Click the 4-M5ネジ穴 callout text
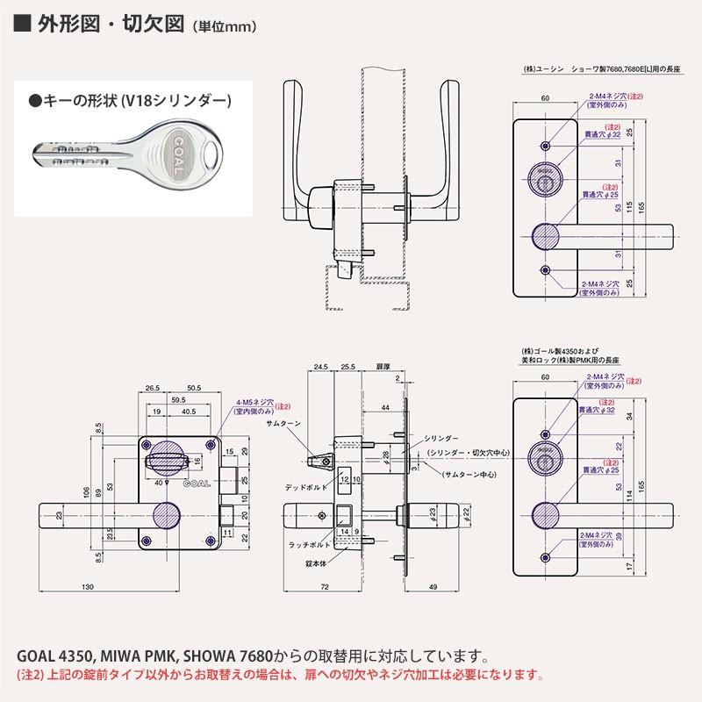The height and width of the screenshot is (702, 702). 254,404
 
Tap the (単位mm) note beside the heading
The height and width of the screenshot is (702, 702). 225,27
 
